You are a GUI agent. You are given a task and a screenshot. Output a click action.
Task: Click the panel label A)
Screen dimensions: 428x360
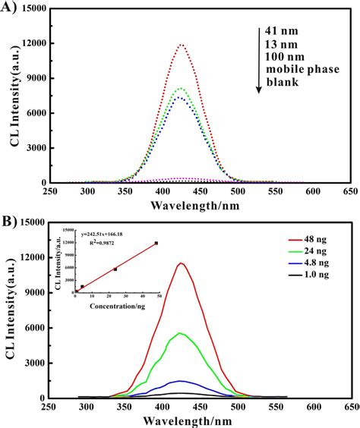(10, 8)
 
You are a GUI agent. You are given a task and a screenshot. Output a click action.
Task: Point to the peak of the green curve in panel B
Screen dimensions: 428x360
(181, 333)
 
